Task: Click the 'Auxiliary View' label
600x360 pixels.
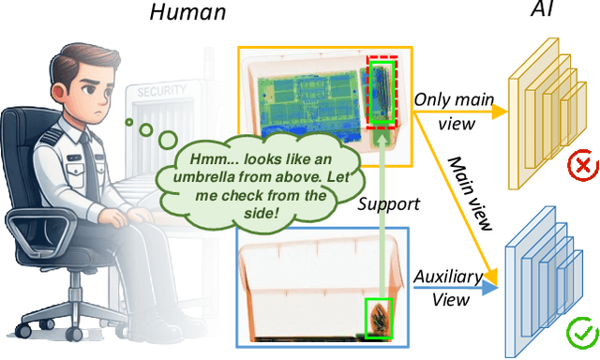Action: [x=448, y=288]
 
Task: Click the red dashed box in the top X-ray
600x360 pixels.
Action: [x=382, y=91]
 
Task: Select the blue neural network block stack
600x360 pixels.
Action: [x=544, y=273]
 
